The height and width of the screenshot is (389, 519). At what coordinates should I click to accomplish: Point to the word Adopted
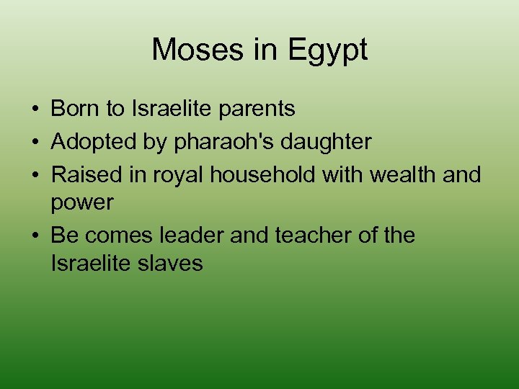tap(91, 143)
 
